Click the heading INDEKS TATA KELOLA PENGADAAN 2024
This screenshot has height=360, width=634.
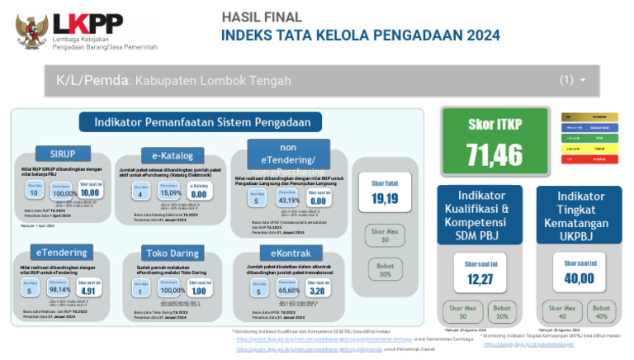[361, 36]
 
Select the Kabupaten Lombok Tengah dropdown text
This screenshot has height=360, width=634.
[173, 81]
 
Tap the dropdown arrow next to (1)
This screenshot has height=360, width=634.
[583, 81]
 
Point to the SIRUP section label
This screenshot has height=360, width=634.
[63, 154]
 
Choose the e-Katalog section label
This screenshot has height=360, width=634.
[172, 155]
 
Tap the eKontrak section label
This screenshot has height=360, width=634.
[283, 252]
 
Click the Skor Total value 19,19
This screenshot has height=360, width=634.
[384, 199]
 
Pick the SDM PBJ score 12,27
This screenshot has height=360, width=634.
[478, 279]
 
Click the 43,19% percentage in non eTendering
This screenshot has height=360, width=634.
[288, 201]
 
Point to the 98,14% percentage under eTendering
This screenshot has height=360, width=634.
[59, 290]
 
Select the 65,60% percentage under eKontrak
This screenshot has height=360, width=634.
[288, 291]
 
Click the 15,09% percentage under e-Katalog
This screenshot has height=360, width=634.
[171, 194]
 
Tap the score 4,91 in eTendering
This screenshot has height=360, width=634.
[89, 291]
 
